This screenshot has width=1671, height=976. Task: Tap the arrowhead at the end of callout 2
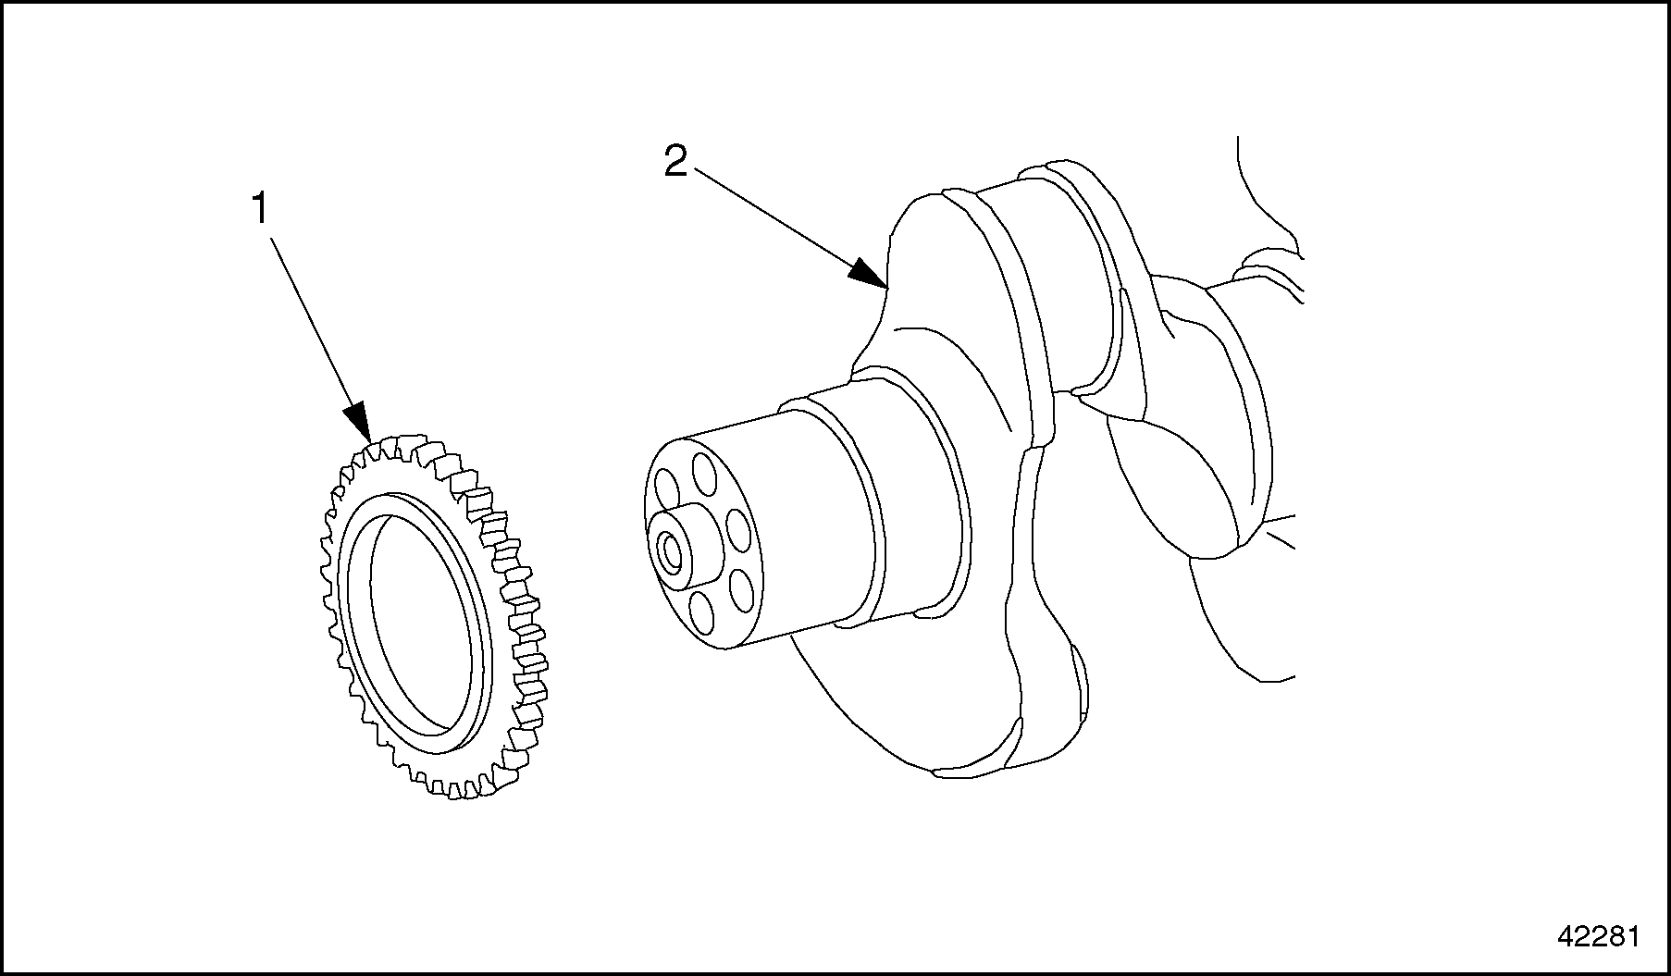pos(867,274)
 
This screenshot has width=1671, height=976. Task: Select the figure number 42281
pos(1598,937)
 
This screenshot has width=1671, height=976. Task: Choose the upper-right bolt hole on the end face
pos(738,528)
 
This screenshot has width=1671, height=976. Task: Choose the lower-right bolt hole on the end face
pos(741,587)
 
